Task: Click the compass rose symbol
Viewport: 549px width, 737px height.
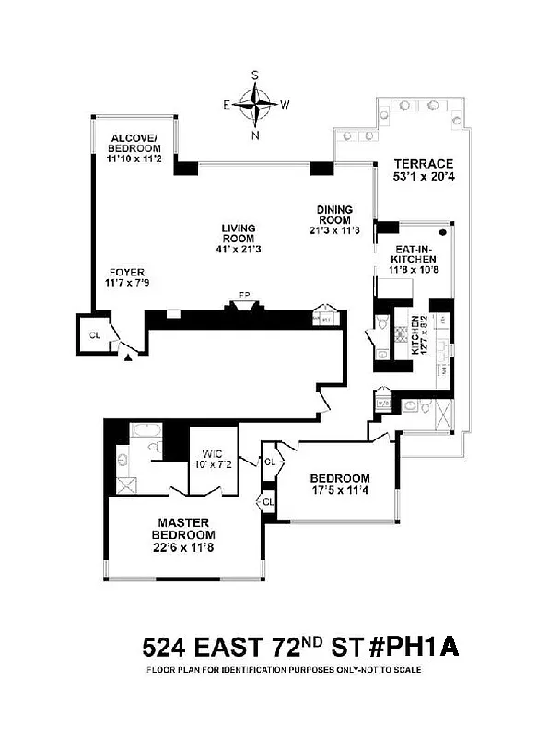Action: coord(255,104)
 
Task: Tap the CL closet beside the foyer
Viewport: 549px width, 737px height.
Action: coord(95,335)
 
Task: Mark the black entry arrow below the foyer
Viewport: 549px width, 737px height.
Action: coord(127,356)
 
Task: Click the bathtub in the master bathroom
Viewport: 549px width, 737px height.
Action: coord(146,430)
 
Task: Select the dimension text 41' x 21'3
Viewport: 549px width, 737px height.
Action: coord(238,249)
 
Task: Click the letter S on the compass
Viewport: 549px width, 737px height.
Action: coord(255,76)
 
